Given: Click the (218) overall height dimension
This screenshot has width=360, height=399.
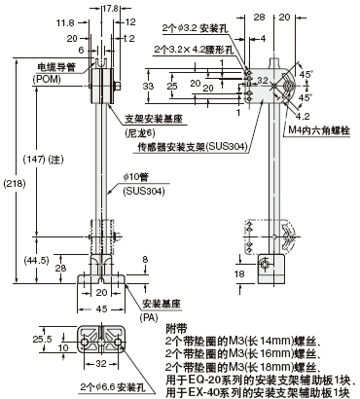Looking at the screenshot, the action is point(15,184).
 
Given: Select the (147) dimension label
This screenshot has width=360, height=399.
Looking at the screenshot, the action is point(34,160).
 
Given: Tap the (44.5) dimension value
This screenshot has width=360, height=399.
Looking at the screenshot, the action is point(36,260).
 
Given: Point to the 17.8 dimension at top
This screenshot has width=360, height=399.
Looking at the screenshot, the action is point(110,9).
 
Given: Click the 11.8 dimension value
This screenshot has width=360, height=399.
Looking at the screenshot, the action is point(65,22).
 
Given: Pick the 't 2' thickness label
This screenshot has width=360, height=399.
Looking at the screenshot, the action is point(129,39).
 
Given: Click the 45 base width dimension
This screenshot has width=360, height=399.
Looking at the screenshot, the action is point(101,308).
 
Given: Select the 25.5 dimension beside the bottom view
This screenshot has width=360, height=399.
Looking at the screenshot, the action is point(42,339).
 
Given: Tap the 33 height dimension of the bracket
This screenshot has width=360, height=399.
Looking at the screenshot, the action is point(148,87).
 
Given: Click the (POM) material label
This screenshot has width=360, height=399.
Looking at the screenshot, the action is point(47,79).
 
